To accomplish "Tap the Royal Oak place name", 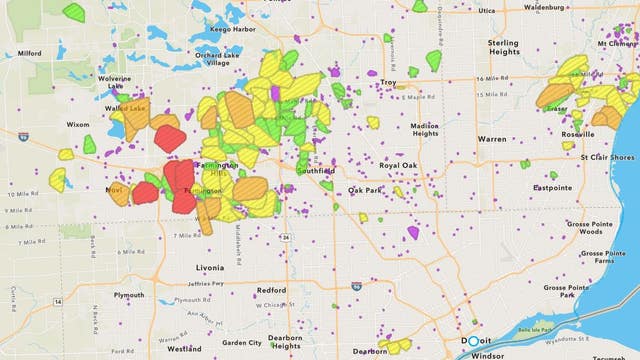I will tap(398, 165).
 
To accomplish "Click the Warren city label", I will tap(491, 139).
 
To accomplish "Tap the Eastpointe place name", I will tap(552, 187).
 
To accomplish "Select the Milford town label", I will tap(29, 54).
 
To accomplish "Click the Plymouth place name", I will tap(128, 295).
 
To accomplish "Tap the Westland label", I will tap(183, 350).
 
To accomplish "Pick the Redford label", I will tap(271, 290).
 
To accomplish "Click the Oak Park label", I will tap(365, 190).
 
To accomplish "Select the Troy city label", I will tap(388, 82).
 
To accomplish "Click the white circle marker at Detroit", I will tap(473, 341).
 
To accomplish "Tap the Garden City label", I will tap(241, 343).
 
